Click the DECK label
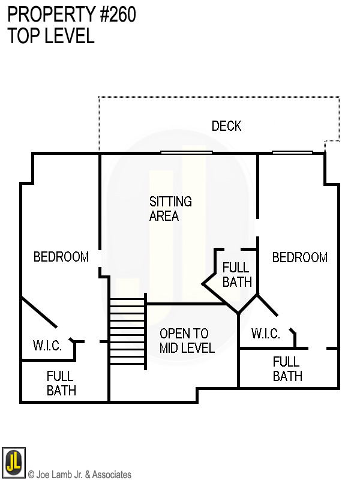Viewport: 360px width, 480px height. coord(226,126)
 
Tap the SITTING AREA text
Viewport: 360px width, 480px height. coord(170,208)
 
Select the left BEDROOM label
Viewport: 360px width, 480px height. coord(61,257)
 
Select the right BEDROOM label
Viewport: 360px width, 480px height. coord(299,257)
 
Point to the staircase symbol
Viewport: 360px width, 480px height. coord(128,331)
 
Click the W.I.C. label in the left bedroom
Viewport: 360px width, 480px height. coord(48,346)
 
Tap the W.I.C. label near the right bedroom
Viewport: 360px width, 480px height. coord(265,334)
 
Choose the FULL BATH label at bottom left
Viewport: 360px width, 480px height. coord(61,383)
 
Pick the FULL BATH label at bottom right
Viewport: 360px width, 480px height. coord(287,369)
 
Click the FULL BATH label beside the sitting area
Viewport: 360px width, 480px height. coord(236,274)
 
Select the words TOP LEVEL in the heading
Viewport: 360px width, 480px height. coord(51,36)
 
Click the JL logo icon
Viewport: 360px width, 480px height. coord(13,463)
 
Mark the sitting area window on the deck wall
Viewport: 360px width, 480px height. coord(186,152)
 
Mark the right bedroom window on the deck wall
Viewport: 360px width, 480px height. coord(292,152)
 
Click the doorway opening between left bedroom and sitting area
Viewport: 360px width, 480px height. coord(100,263)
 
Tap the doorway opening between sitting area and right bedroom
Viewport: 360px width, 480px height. coord(257,229)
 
